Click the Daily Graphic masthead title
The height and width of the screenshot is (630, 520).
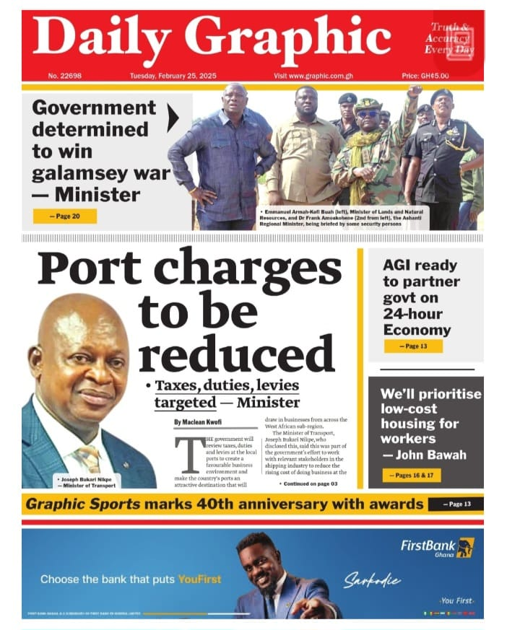click(212, 37)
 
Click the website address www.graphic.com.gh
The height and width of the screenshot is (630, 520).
click(313, 76)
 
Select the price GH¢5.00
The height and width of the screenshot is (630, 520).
click(425, 76)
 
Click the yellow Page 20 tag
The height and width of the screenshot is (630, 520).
click(64, 216)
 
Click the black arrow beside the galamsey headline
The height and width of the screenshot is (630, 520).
click(173, 118)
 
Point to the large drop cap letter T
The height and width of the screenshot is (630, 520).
click(187, 454)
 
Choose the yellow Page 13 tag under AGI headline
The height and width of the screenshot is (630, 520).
click(413, 346)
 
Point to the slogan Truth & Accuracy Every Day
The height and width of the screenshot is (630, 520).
click(448, 38)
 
